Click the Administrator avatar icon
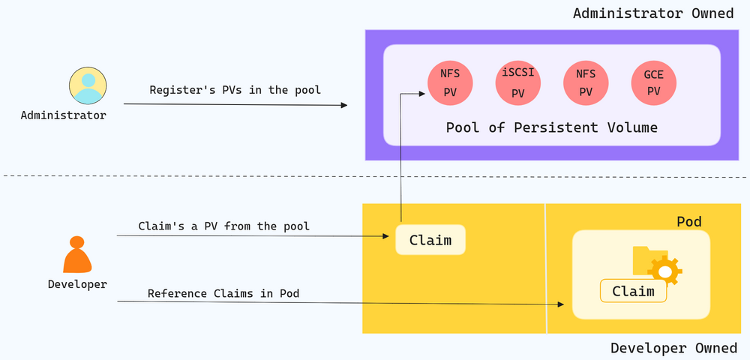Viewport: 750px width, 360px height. click(x=88, y=85)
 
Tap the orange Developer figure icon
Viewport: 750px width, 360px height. click(x=77, y=254)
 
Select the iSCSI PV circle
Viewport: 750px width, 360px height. click(x=518, y=83)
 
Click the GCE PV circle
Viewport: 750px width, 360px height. click(x=654, y=83)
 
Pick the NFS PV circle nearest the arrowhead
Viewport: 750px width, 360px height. click(x=450, y=83)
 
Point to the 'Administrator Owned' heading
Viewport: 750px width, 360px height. click(x=653, y=13)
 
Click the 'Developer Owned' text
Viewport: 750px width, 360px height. click(x=674, y=348)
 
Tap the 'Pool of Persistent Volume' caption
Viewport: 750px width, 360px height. click(x=551, y=127)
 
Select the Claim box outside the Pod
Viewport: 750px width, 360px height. click(x=430, y=239)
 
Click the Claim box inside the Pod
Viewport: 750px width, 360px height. click(x=633, y=291)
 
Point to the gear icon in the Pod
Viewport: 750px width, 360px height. click(x=664, y=271)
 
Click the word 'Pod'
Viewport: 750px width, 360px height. click(x=689, y=222)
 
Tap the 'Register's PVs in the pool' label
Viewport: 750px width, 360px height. click(x=235, y=90)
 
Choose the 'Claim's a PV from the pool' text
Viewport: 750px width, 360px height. click(x=223, y=226)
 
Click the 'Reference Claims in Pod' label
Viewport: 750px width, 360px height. click(x=223, y=293)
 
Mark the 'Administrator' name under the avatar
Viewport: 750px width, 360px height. click(x=64, y=115)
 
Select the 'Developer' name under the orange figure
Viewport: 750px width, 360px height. click(x=77, y=284)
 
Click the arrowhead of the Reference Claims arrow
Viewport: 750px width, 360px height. click(x=560, y=304)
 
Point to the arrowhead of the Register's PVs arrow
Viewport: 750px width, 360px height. click(x=344, y=105)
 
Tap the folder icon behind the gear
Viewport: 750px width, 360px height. click(x=643, y=260)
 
